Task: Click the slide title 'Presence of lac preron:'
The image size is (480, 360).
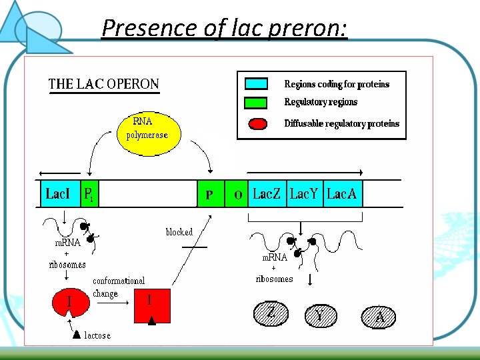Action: pyautogui.click(x=225, y=28)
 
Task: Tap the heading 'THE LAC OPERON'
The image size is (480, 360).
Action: pyautogui.click(x=103, y=85)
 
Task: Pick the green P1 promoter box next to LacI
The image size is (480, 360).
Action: pyautogui.click(x=89, y=194)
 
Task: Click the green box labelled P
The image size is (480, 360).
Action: pyautogui.click(x=211, y=194)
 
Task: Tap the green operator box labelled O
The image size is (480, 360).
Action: pyautogui.click(x=237, y=194)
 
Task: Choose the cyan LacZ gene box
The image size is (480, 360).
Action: pyautogui.click(x=267, y=194)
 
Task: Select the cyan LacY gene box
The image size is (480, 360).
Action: pyautogui.click(x=305, y=194)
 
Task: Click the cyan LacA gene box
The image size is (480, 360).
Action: pyautogui.click(x=342, y=194)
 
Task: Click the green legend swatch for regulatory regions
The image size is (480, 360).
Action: pyautogui.click(x=257, y=103)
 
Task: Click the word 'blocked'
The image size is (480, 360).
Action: pyautogui.click(x=179, y=232)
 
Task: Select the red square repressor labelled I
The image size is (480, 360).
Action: pyautogui.click(x=152, y=305)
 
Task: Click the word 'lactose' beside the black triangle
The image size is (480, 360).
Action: pyautogui.click(x=97, y=335)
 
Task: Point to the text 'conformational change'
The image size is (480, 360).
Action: pyautogui.click(x=118, y=287)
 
